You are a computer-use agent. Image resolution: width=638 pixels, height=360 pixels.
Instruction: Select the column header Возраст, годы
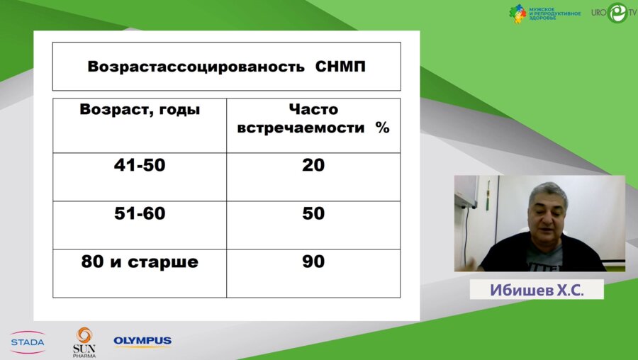coord(140,110)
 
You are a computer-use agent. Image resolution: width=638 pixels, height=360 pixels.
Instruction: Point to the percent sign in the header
coord(383,128)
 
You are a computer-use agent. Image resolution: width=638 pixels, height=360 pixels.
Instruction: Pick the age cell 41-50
coord(140,165)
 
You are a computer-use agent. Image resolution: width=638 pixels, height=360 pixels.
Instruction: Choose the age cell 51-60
coord(140,213)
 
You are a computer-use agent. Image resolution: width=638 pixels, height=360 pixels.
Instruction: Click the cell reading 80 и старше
coord(140,261)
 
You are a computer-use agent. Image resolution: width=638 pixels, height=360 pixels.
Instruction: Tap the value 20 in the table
coord(313,165)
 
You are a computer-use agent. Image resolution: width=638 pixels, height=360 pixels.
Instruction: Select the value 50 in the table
coord(313,213)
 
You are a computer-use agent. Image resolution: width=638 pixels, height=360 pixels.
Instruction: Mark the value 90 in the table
coord(313,261)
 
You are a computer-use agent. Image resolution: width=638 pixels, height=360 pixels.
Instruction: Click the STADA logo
coord(28,342)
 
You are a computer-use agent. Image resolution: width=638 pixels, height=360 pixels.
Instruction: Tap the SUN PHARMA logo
coord(84,341)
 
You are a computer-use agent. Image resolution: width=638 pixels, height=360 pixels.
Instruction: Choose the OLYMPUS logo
coord(142,342)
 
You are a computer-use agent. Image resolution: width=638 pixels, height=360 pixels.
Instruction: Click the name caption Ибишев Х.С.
coord(536,289)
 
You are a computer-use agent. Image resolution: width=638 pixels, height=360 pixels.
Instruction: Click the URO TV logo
coord(610,13)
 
